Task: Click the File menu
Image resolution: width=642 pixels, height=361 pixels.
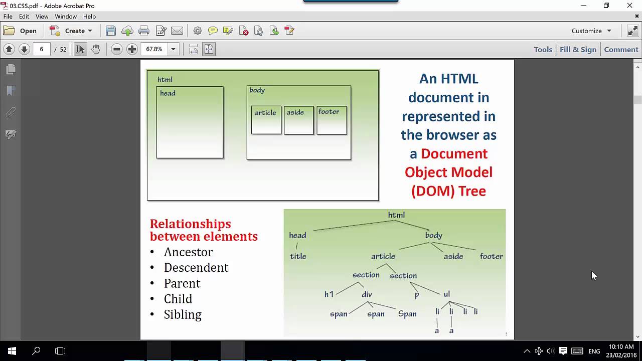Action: tap(8, 17)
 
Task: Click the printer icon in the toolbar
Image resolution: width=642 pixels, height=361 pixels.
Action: tap(144, 31)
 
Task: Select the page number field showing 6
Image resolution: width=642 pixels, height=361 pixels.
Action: tap(42, 49)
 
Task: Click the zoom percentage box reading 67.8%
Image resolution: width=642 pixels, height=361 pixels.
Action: tap(154, 49)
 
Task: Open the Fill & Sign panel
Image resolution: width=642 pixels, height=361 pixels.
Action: tap(578, 49)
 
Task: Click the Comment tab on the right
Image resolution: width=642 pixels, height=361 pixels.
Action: tap(621, 49)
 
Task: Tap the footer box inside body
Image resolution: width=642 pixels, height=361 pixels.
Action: tap(332, 120)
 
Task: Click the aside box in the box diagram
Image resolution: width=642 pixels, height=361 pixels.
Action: tap(298, 120)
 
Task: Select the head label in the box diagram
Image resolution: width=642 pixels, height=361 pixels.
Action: tap(168, 93)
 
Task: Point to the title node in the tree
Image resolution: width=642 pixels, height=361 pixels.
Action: tap(298, 256)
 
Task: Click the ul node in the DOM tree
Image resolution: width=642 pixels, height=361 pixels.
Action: tap(446, 294)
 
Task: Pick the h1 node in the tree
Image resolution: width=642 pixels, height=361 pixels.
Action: tap(329, 294)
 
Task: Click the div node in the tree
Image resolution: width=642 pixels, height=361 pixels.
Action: tap(367, 294)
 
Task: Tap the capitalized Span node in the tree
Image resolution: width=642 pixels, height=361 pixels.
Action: tap(407, 314)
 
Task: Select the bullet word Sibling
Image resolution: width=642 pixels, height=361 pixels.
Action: tap(183, 314)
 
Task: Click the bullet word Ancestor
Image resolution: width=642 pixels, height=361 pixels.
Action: tap(188, 252)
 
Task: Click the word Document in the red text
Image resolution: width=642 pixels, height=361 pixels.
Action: tap(454, 153)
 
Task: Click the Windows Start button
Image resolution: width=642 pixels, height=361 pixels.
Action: tap(12, 351)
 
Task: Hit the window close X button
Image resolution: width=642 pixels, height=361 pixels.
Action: tap(629, 6)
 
